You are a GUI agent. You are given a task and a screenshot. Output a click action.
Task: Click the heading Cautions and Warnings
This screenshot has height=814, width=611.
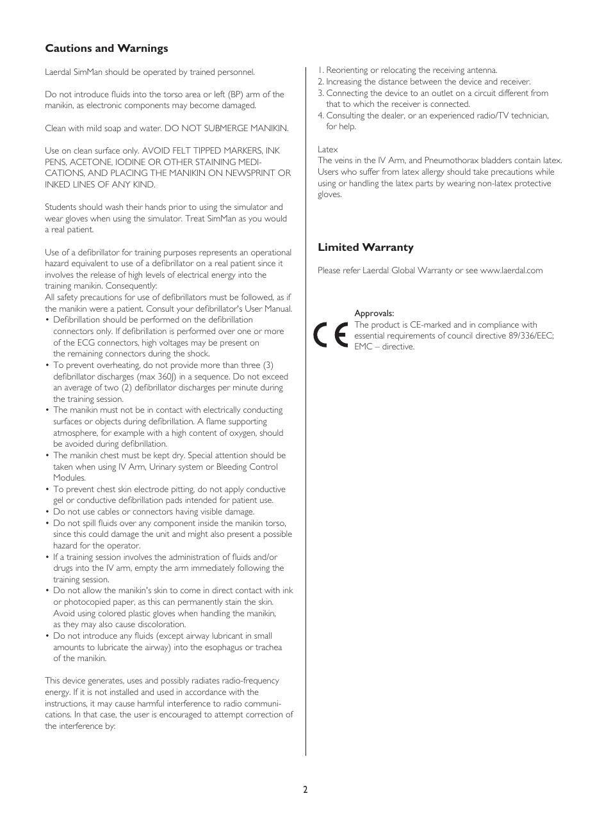106,49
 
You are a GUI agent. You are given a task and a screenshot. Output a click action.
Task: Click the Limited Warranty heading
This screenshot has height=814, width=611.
366,248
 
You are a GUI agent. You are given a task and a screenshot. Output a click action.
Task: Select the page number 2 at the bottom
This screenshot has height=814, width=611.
305,790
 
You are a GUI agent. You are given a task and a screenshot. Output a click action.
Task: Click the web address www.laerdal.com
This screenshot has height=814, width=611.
511,271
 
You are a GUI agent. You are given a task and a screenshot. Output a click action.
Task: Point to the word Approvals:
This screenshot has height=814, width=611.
374,314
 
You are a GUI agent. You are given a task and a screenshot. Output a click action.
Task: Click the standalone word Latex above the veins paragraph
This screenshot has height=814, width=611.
328,150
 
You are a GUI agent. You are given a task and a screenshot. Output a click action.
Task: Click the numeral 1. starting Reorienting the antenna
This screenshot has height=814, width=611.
321,70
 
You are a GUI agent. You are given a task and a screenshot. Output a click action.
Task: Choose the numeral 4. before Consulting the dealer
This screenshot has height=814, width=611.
321,116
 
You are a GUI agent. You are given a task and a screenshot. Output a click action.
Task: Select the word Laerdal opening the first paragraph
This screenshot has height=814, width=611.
59,72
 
